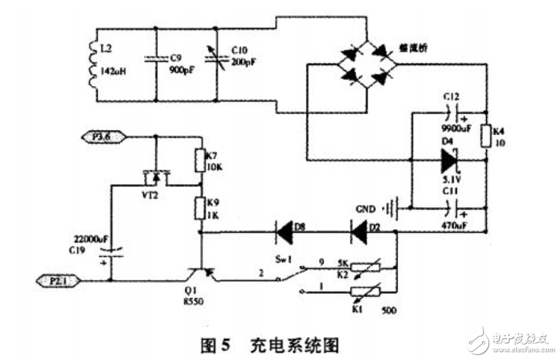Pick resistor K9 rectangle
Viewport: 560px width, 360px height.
[x=201, y=208]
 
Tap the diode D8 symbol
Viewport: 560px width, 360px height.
[x=285, y=233]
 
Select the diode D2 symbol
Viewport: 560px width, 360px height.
[x=361, y=233]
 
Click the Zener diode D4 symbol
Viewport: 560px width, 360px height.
[x=450, y=161]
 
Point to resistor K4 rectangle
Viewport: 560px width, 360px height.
[x=485, y=135]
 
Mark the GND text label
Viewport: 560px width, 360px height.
[x=366, y=208]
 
